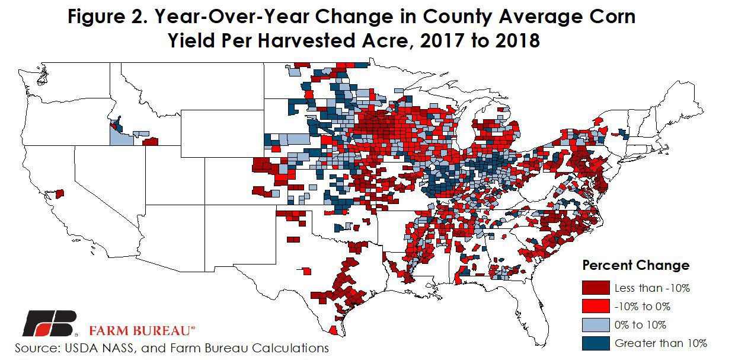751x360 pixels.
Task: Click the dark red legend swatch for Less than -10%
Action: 596,288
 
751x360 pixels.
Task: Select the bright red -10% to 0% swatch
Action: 596,307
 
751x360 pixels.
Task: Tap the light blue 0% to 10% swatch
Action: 596,324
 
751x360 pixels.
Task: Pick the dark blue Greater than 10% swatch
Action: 596,343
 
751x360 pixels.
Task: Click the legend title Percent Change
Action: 635,265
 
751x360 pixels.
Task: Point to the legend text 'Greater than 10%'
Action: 660,343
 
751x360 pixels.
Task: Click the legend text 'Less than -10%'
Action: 652,288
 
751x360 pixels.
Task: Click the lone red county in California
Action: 59,194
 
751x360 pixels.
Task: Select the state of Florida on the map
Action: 536,297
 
